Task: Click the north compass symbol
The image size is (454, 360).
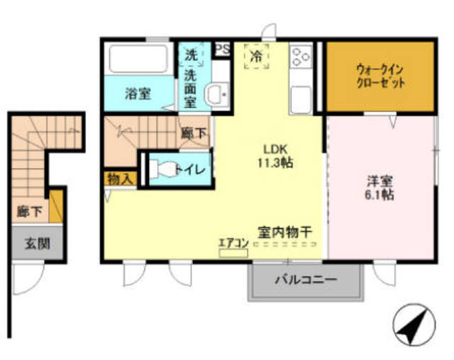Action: pos(414,325)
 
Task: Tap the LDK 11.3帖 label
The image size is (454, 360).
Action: pos(275,157)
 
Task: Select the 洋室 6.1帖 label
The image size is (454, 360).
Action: pos(380,189)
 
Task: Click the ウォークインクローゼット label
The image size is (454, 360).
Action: pos(380,77)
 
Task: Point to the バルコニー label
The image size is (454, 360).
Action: pos(306,280)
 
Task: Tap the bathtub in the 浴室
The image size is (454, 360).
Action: pos(138,59)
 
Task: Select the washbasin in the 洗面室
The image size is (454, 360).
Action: pos(217,94)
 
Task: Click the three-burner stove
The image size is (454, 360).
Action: pos(301,57)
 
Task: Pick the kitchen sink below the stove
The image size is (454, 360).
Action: pos(301,99)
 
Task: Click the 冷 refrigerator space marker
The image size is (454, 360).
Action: pos(257,56)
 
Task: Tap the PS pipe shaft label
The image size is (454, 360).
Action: pos(223,49)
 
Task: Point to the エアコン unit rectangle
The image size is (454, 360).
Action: pos(233,254)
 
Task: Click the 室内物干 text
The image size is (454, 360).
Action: pos(285,232)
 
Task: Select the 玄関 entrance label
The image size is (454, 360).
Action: pos(38,244)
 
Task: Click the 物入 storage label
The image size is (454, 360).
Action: pos(121,179)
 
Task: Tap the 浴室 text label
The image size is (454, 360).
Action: pos(138,94)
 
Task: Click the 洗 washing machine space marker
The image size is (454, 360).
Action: pos(192,55)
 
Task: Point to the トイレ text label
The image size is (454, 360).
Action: pos(190,169)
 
